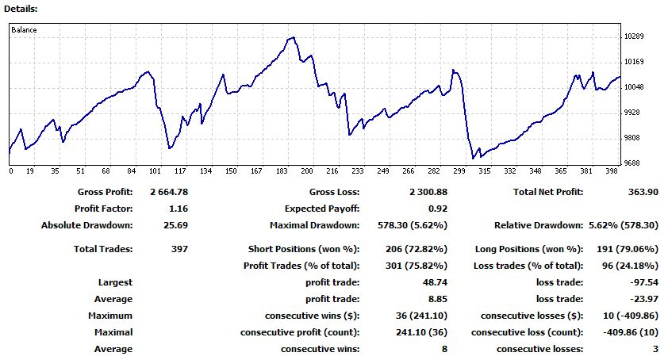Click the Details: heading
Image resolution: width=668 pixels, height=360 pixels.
tap(20, 8)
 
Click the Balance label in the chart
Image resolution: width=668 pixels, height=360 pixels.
tap(24, 30)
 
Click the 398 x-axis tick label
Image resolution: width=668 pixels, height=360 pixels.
tap(612, 171)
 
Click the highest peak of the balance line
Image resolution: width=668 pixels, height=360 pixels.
tap(294, 37)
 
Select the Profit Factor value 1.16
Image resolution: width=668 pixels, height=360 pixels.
tap(179, 209)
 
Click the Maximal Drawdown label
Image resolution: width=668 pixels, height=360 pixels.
tap(309, 225)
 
